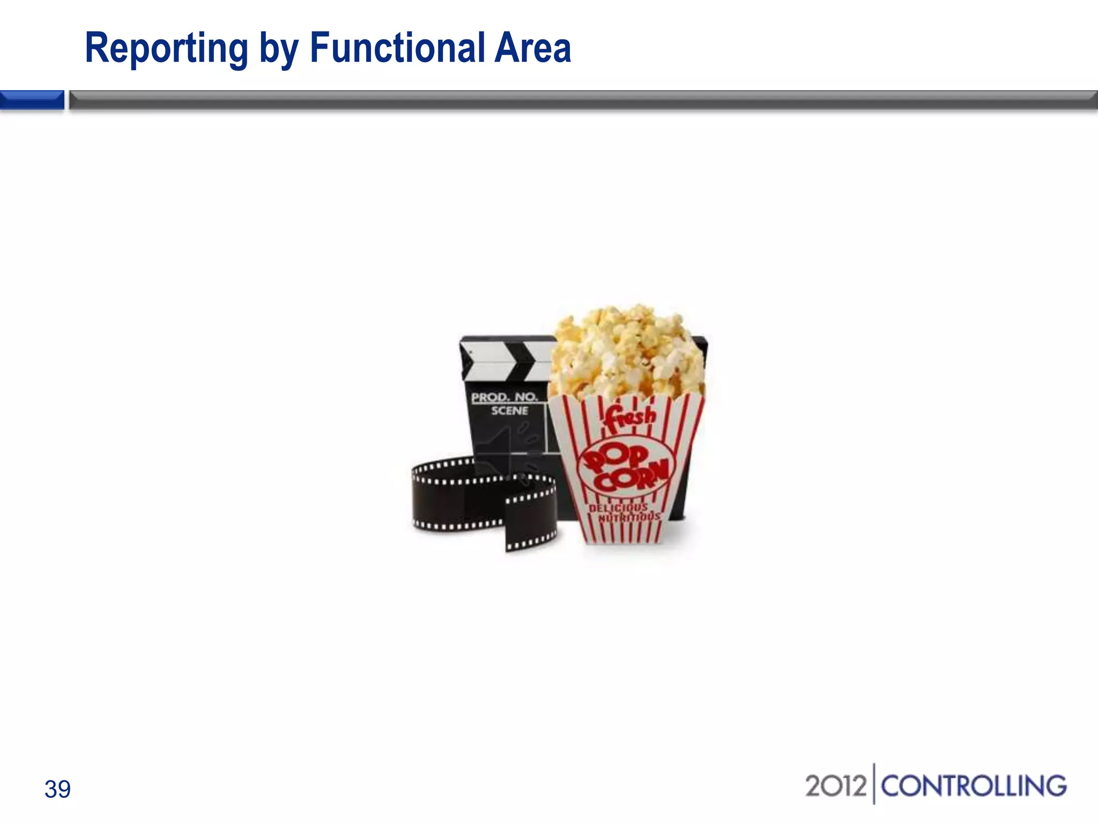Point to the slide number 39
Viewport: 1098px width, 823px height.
(57, 789)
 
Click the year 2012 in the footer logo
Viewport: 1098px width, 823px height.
(835, 786)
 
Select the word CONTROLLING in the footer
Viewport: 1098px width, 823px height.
(974, 786)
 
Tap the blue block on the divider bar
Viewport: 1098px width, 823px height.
(32, 100)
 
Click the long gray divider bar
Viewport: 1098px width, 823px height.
(583, 100)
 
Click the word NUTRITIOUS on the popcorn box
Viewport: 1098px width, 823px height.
(629, 518)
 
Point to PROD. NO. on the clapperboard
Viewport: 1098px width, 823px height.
(504, 397)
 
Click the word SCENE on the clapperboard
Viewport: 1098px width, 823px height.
(509, 411)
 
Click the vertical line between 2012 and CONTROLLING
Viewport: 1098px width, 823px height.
(874, 784)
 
